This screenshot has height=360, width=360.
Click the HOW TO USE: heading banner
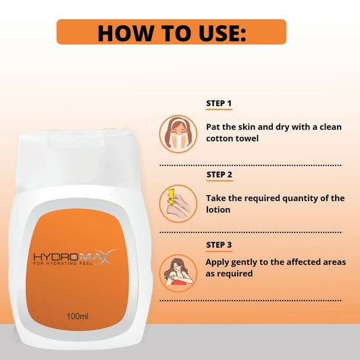[x=172, y=32]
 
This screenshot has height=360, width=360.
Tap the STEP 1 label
[x=219, y=103]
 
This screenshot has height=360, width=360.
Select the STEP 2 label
[x=220, y=175]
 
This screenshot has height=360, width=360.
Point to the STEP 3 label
[x=219, y=245]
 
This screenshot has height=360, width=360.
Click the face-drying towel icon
[x=178, y=134]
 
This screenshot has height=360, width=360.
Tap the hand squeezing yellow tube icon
[x=178, y=204]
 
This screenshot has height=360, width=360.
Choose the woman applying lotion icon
[x=178, y=274]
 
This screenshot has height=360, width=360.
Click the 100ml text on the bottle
[x=78, y=316]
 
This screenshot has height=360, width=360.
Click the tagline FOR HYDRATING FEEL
[x=63, y=263]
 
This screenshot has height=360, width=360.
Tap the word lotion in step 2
[x=218, y=210]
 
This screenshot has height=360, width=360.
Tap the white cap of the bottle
[x=78, y=159]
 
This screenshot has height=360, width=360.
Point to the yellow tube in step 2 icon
[x=171, y=197]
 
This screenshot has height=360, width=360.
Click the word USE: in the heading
[x=222, y=33]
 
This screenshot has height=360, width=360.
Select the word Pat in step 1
[x=213, y=127]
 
